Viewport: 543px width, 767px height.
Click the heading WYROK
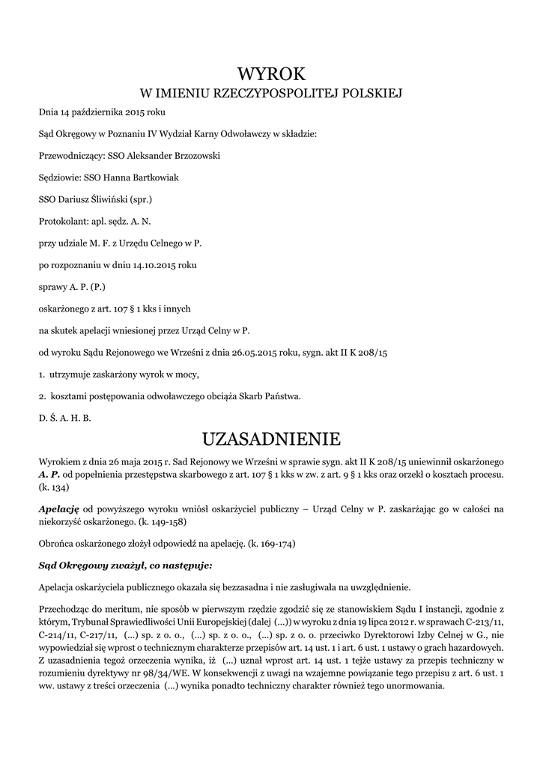[272, 73]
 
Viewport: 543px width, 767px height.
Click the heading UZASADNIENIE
[272, 437]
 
